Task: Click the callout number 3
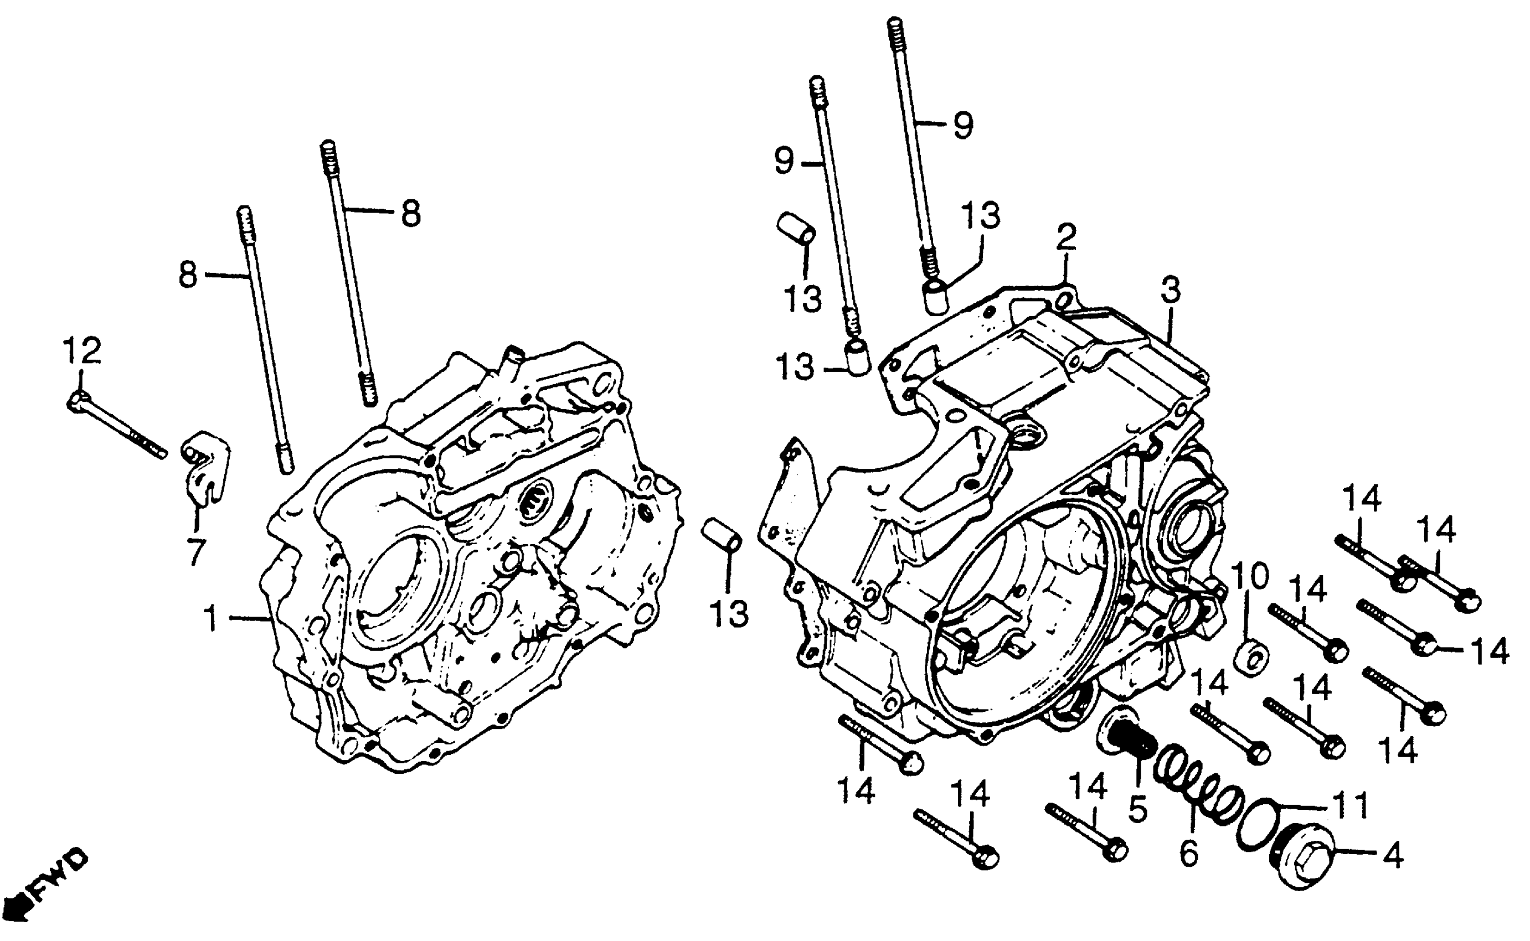pyautogui.click(x=1170, y=291)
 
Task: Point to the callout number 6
pyautogui.click(x=1188, y=853)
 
